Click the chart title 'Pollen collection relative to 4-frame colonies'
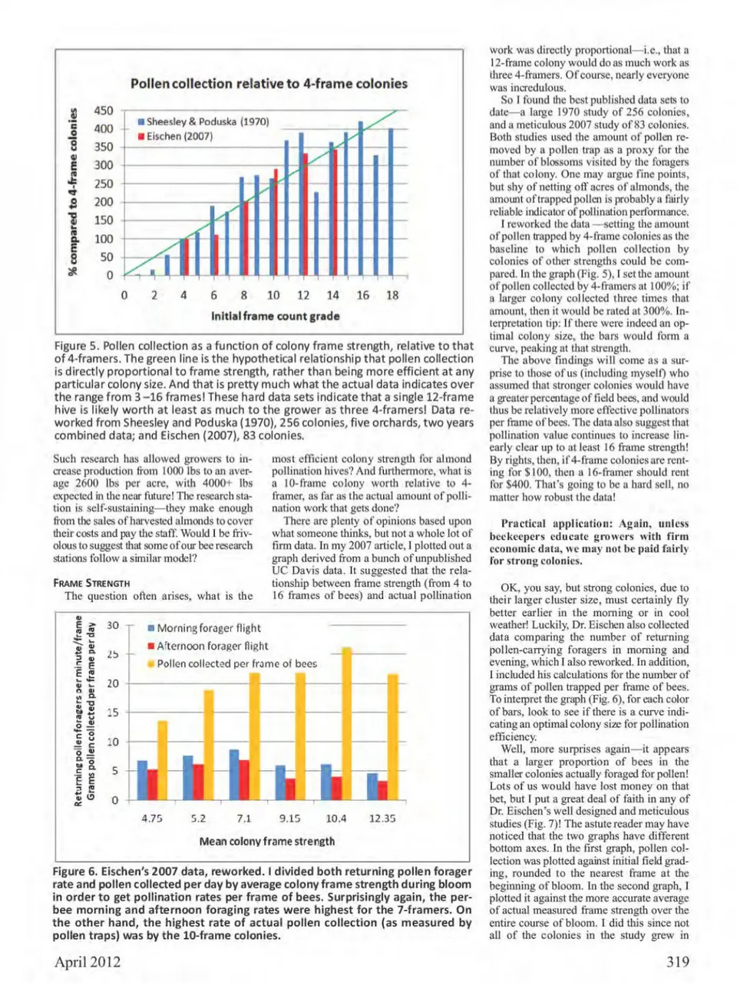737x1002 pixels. [x=269, y=84]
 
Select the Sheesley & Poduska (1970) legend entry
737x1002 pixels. [x=203, y=121]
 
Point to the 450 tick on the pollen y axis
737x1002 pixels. [x=104, y=111]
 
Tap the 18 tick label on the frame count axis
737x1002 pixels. [x=392, y=295]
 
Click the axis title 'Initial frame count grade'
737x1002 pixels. [x=275, y=316]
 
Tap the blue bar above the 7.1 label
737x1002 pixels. [x=234, y=774]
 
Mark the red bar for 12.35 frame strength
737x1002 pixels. [x=382, y=790]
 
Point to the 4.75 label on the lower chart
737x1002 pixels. [x=152, y=818]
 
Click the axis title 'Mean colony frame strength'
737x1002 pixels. [x=266, y=842]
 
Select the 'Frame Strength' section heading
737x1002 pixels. [x=91, y=584]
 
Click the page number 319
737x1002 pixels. [x=677, y=962]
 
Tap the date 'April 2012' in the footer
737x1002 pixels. [x=87, y=962]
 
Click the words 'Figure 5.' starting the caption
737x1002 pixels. [x=76, y=346]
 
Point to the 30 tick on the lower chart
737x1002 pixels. [x=113, y=626]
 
